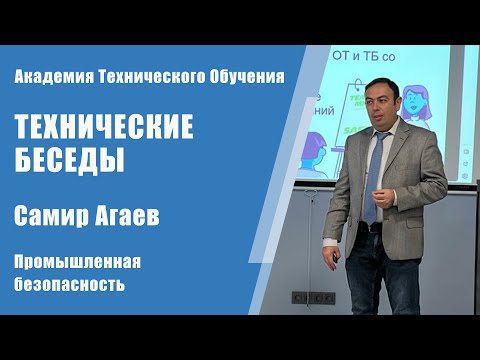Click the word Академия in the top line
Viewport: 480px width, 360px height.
pyautogui.click(x=51, y=76)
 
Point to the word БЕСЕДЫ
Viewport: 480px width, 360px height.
pyautogui.click(x=68, y=160)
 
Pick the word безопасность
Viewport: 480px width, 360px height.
pyautogui.click(x=69, y=285)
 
